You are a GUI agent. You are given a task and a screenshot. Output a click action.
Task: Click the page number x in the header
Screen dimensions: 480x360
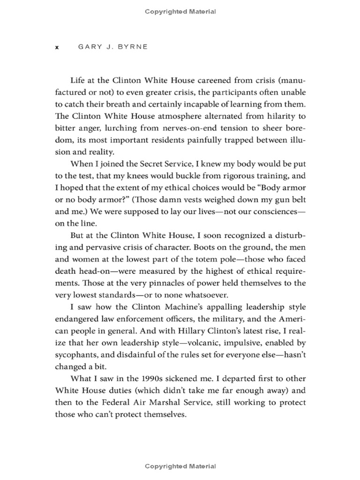click(x=57, y=47)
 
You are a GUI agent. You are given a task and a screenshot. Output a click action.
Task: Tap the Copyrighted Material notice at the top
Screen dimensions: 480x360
click(x=180, y=12)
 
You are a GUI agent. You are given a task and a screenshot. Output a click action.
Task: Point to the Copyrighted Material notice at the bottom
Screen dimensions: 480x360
click(x=180, y=466)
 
